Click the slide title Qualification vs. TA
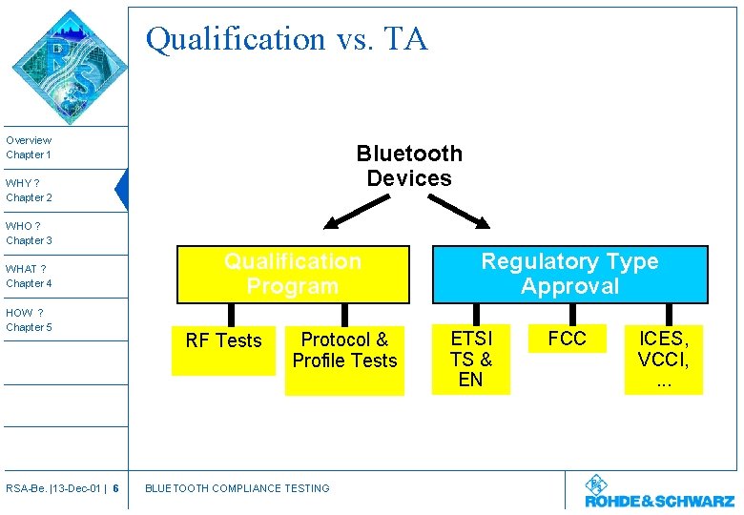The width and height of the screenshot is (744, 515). click(286, 39)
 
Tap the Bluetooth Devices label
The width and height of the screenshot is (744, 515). click(409, 166)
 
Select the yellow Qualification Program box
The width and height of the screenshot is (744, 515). click(293, 274)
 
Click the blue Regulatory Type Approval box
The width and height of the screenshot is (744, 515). click(569, 274)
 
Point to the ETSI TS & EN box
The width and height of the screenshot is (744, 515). click(471, 359)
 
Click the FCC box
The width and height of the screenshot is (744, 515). click(567, 340)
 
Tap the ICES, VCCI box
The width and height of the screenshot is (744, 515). click(663, 359)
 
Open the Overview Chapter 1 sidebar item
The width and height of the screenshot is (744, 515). click(29, 147)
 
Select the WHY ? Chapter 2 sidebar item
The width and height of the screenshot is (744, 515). click(29, 190)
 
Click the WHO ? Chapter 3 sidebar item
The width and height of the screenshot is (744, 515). click(29, 233)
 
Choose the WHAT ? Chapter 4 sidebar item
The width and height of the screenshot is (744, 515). click(29, 276)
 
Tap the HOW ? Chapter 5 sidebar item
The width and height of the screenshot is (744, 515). click(29, 319)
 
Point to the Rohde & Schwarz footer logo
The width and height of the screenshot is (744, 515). click(659, 492)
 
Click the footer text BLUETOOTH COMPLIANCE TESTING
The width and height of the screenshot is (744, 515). click(237, 488)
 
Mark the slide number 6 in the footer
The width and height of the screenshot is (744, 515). click(115, 488)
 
